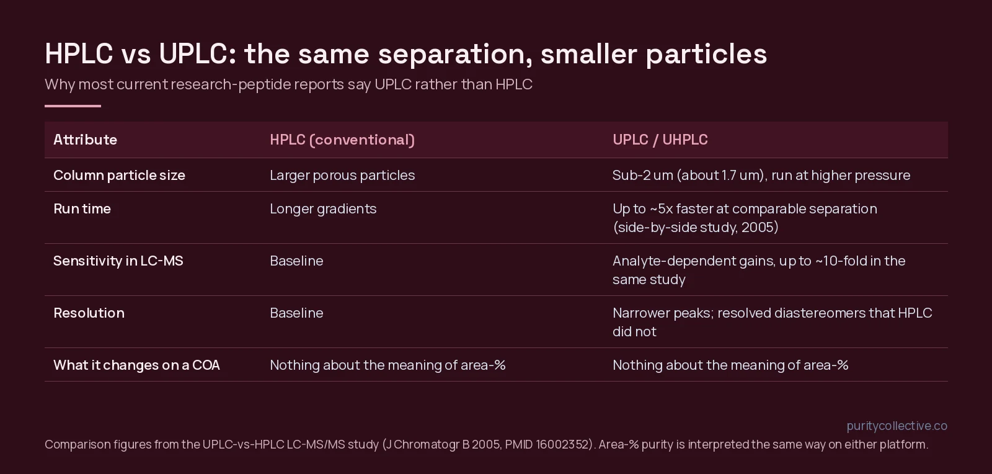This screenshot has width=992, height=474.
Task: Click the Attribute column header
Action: tap(85, 140)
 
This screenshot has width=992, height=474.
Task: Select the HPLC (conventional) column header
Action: tap(342, 140)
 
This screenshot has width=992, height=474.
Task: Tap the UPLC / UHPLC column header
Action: tap(660, 140)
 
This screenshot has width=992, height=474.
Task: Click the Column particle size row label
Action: tap(119, 176)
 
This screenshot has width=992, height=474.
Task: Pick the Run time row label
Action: tap(82, 208)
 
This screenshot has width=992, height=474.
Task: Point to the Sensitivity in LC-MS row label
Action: tap(118, 261)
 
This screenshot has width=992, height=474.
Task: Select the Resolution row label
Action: tap(89, 313)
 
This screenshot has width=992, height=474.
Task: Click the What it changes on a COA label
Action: tap(136, 365)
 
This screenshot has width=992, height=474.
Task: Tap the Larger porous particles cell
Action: tap(342, 176)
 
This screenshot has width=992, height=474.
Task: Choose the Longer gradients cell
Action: tap(323, 209)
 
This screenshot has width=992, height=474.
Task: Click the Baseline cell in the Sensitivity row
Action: tap(297, 261)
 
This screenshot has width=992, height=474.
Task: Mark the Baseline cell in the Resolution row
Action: tap(297, 313)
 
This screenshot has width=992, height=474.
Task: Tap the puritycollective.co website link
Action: tap(897, 426)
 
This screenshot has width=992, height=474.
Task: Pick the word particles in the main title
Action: tap(706, 55)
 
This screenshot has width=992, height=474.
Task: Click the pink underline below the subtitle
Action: tap(73, 106)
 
